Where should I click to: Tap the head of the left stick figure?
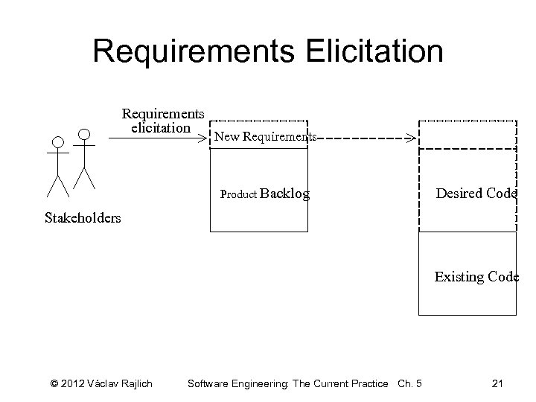point(57,141)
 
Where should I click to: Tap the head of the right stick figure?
point(84,134)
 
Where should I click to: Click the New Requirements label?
point(265,137)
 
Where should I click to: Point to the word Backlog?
point(285,194)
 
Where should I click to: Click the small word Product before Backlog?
point(239,195)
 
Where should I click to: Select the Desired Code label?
point(476,194)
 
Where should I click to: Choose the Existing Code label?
point(476,277)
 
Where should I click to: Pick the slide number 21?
point(499,383)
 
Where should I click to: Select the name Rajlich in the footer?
point(135,383)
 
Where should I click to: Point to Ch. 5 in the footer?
point(410,383)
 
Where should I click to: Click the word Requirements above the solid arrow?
point(163,114)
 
